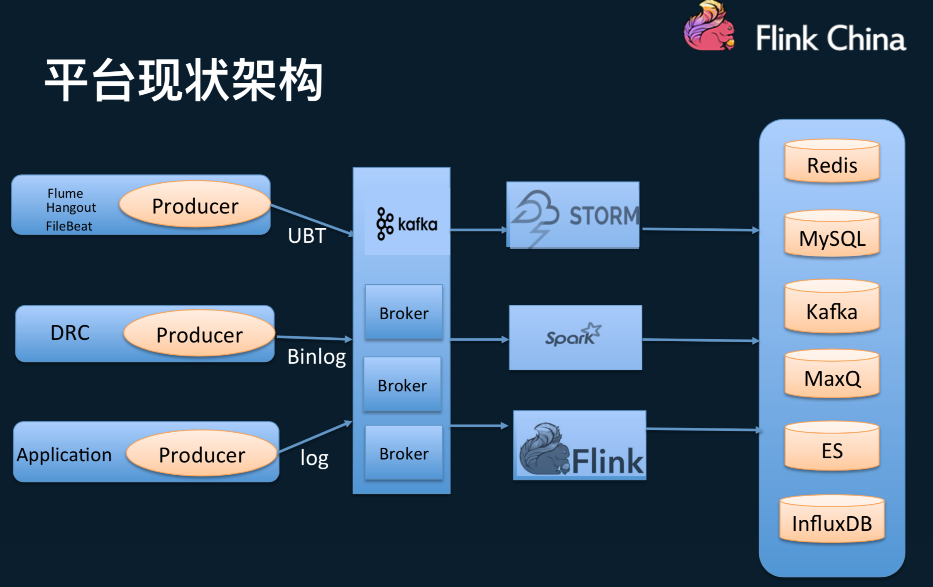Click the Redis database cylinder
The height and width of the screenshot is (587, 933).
click(832, 162)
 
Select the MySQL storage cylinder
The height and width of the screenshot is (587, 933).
click(832, 235)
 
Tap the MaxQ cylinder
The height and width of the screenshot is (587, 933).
click(832, 375)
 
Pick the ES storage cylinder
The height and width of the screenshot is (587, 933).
click(832, 448)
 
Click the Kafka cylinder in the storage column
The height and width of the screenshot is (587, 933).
click(832, 308)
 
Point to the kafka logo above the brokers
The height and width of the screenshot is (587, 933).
click(407, 224)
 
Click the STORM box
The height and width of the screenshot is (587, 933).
click(573, 215)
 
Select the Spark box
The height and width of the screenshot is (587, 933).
click(575, 337)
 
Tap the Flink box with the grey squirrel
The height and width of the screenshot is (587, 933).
click(580, 446)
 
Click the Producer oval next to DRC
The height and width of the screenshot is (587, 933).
click(199, 334)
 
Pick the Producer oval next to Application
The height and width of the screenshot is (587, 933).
click(202, 454)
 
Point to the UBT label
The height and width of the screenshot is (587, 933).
click(306, 235)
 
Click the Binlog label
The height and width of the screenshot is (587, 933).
click(316, 356)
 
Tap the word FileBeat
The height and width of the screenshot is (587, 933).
click(69, 226)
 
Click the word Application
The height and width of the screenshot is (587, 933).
click(64, 455)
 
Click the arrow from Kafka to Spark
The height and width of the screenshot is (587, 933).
click(479, 340)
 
